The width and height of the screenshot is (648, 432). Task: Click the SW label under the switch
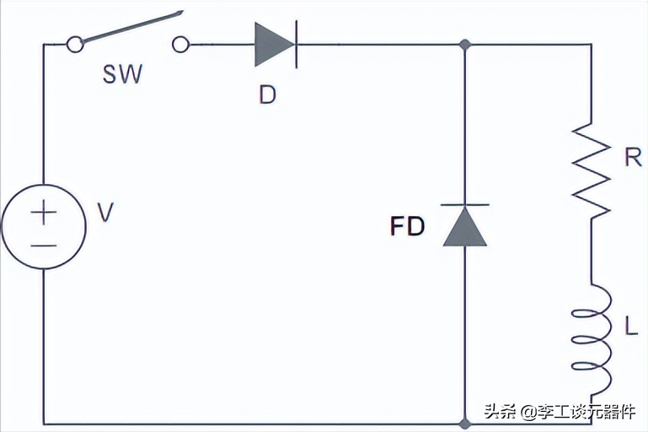[122, 74]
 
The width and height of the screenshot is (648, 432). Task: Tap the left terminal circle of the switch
[75, 44]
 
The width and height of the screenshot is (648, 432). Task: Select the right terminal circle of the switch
[180, 44]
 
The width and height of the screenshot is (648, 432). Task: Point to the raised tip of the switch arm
[181, 13]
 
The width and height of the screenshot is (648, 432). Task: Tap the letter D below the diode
[267, 94]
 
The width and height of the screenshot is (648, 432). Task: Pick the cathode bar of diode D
[297, 45]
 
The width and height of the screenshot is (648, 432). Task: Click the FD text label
[408, 226]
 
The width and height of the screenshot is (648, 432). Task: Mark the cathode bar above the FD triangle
[465, 205]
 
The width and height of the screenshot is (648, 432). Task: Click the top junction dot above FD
[465, 44]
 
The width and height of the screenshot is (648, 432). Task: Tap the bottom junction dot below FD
[465, 424]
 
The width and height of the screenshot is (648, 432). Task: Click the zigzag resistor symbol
[591, 170]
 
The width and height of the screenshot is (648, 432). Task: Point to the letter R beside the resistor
[633, 157]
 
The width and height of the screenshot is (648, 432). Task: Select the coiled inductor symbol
[592, 339]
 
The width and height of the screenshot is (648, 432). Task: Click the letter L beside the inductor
[630, 326]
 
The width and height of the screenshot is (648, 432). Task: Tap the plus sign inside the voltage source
[44, 213]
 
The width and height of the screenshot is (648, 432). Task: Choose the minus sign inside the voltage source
[44, 246]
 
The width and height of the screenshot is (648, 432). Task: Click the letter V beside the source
[105, 213]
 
